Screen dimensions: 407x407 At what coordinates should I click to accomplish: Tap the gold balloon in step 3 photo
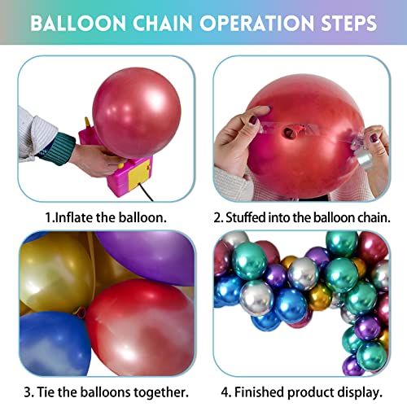(53, 273)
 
